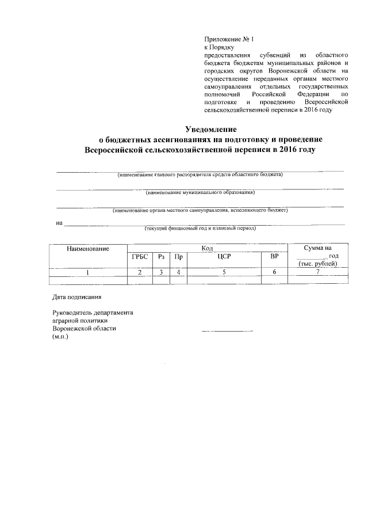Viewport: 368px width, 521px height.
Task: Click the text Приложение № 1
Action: [228, 39]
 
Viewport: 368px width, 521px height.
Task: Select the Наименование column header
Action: [88, 248]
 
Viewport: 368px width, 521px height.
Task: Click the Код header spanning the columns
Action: [208, 248]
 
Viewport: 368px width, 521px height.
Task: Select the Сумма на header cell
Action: [317, 248]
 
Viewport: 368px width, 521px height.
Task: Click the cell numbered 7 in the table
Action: [317, 272]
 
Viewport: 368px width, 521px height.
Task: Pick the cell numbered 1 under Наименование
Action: [88, 272]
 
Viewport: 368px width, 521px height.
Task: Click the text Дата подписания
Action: [77, 298]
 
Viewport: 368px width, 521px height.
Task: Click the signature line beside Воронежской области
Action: [227, 330]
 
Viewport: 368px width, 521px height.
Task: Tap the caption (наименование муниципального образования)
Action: [200, 192]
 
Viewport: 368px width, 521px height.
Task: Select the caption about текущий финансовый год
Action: [200, 228]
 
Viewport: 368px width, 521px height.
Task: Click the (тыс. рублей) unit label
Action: [317, 264]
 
